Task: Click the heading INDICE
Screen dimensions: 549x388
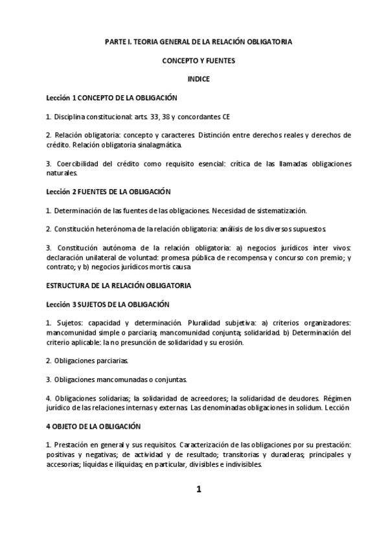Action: coord(198,78)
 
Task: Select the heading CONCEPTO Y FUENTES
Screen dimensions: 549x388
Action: coord(198,60)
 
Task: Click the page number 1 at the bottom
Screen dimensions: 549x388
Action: coord(199,489)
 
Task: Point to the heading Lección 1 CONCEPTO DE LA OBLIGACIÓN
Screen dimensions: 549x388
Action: coord(111,97)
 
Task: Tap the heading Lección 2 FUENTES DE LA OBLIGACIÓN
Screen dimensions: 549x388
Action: coord(108,192)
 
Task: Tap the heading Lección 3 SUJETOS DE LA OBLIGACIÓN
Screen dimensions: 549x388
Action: coord(107,304)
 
